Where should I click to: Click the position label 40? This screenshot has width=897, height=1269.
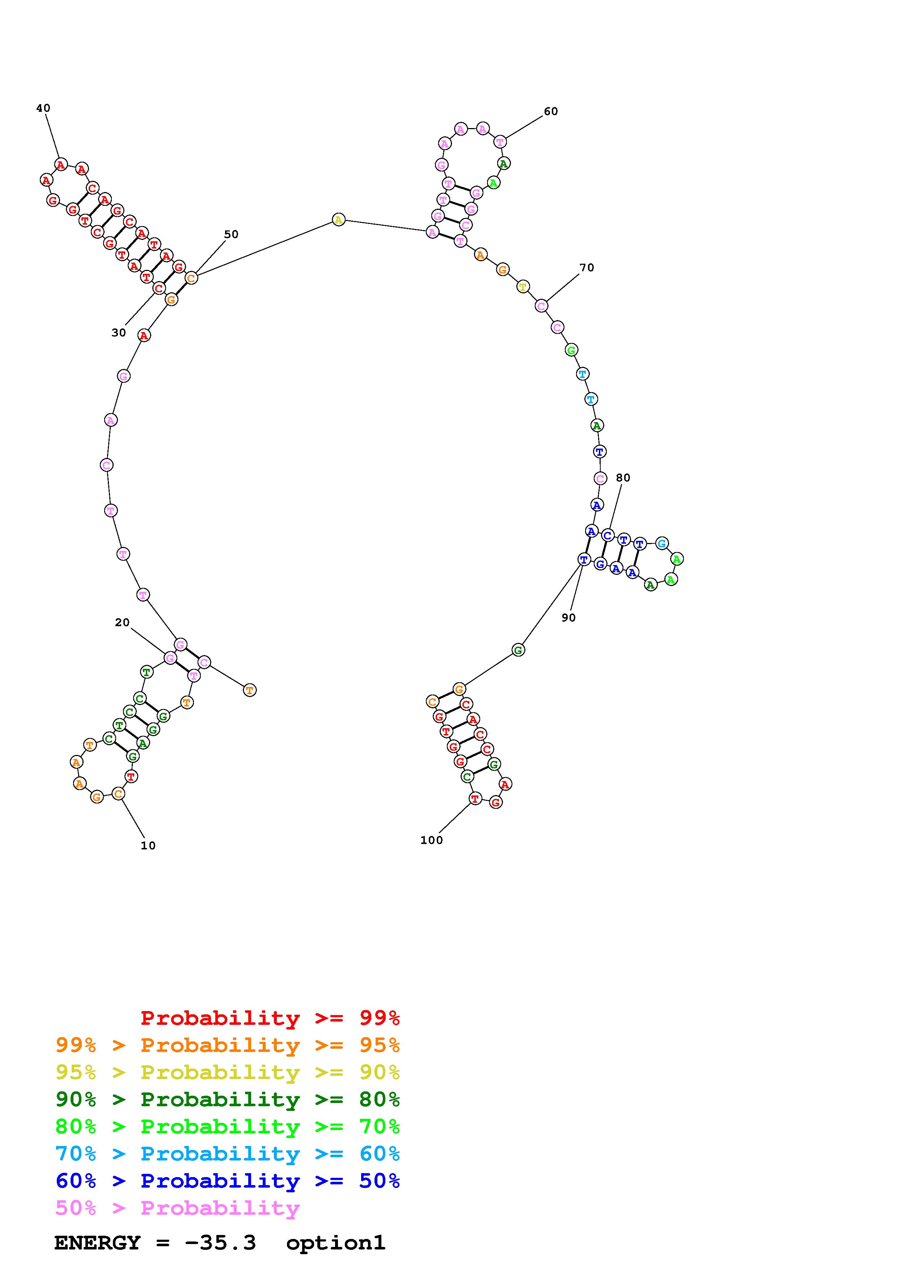pos(43,108)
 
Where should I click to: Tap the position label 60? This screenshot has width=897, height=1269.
pos(551,112)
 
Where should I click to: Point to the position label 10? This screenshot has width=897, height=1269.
pos(148,846)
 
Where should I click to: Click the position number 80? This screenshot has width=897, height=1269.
pos(623,478)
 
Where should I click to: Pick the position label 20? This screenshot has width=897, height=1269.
pos(122,623)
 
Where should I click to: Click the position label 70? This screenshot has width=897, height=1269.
pos(587,268)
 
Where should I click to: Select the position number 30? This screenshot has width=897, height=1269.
pos(119,333)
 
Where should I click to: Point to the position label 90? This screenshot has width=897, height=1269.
pos(569,618)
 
